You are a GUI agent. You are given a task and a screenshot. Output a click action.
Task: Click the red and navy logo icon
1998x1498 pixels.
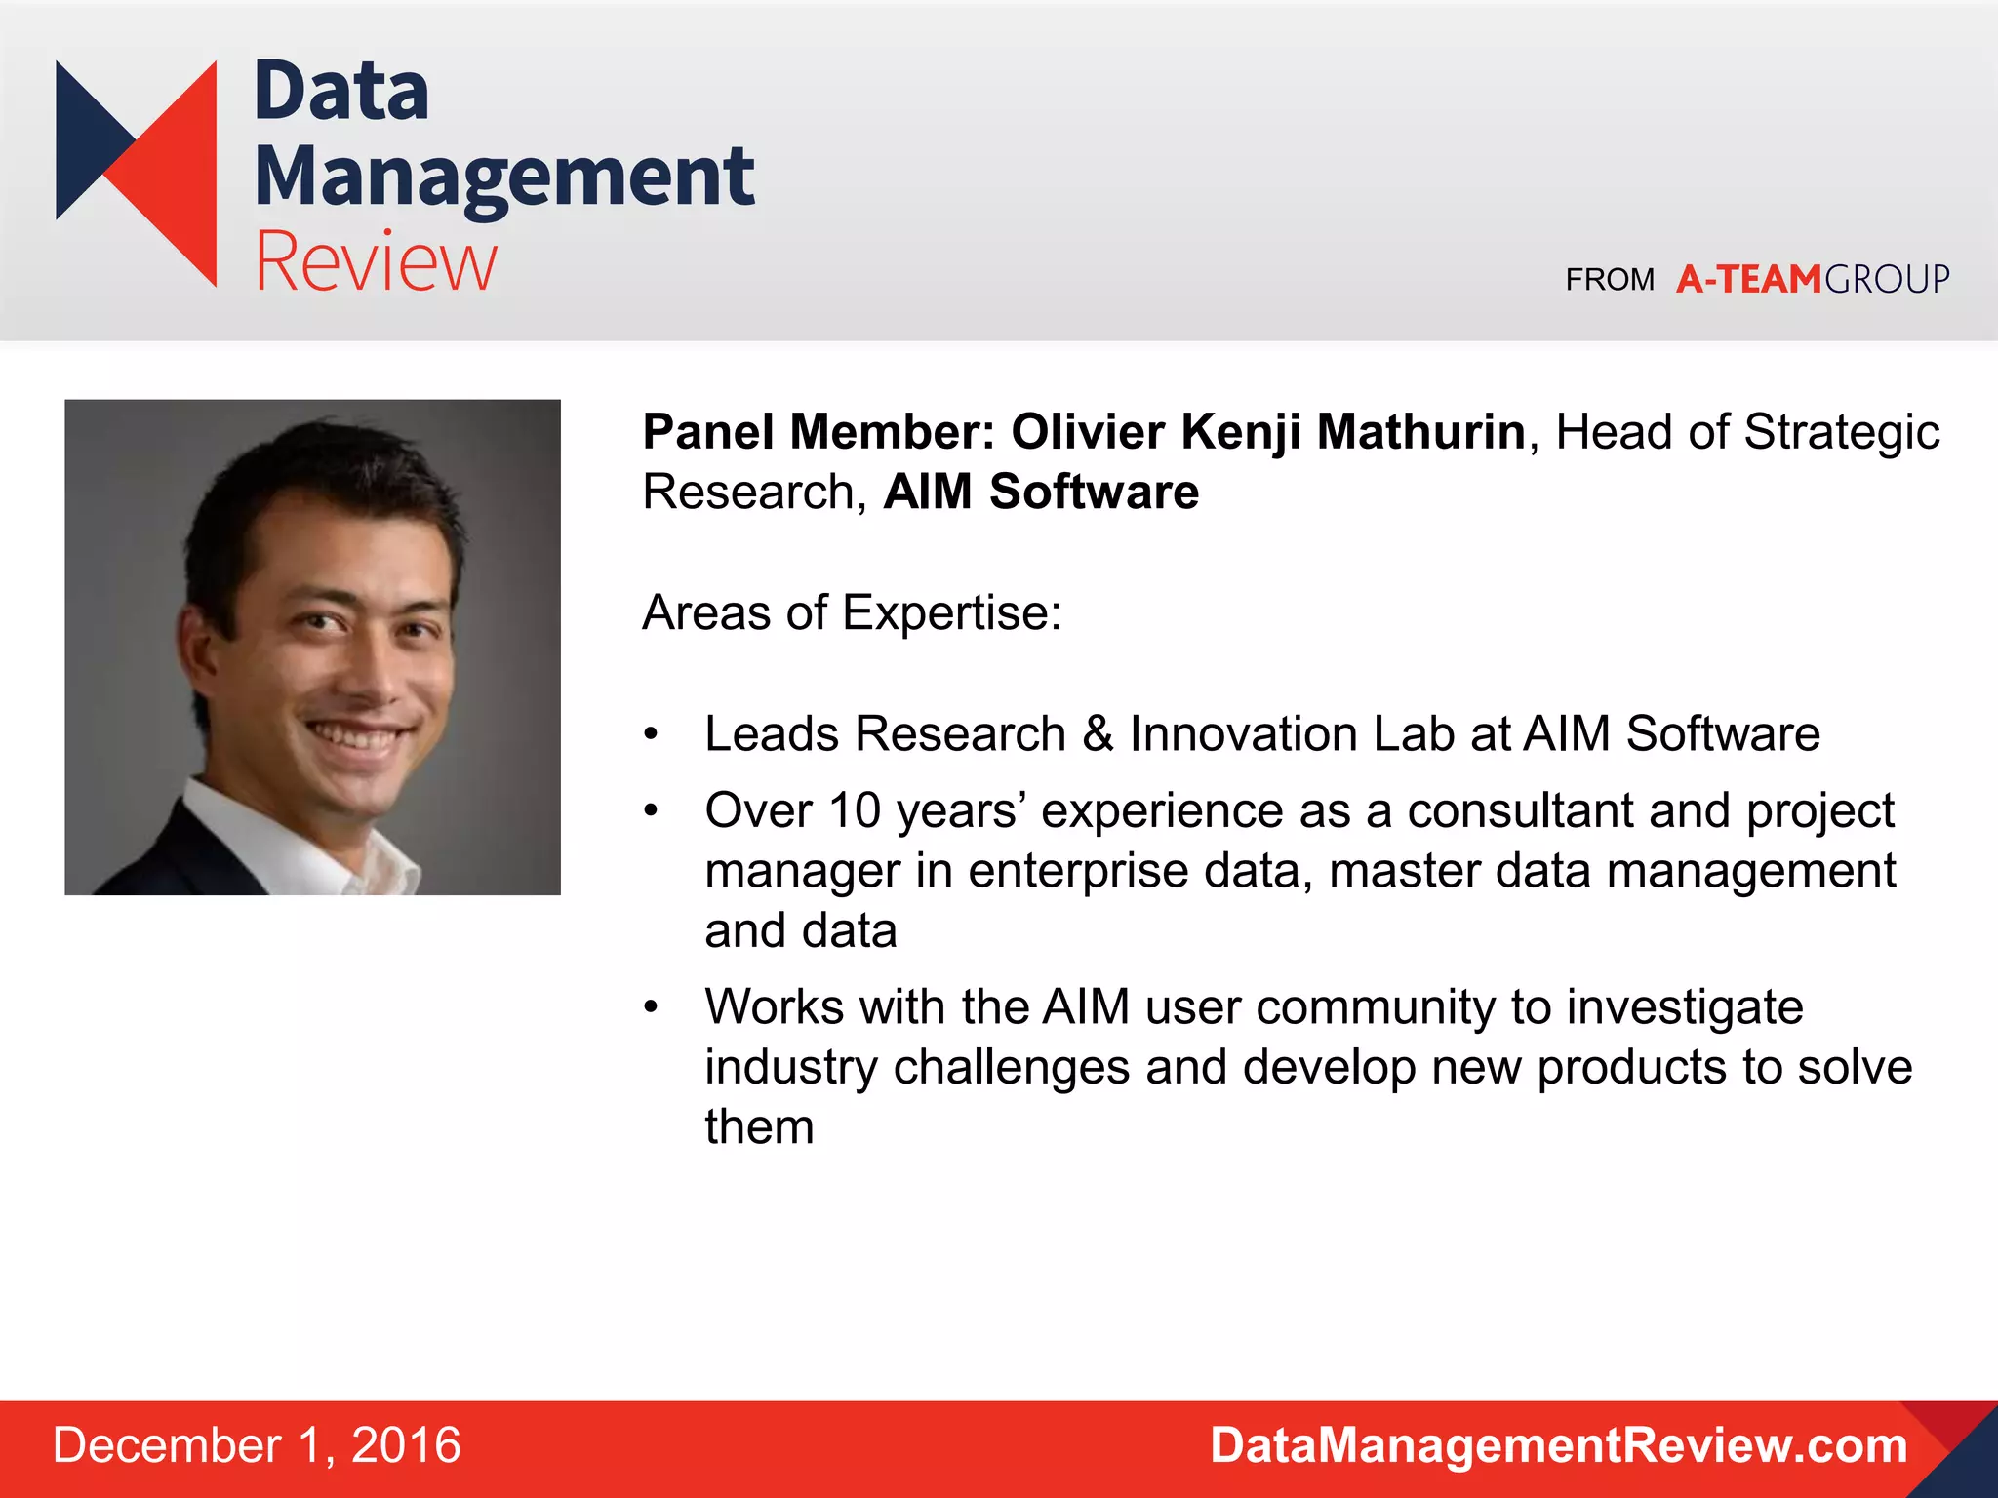(x=137, y=173)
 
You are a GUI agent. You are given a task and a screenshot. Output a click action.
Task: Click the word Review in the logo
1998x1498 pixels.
(x=376, y=261)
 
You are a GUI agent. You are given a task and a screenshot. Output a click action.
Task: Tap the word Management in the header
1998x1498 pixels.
(x=503, y=177)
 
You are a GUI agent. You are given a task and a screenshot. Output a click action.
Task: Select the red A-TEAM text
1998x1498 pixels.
(x=1748, y=280)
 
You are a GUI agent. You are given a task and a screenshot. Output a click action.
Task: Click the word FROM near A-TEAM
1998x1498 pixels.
(x=1610, y=280)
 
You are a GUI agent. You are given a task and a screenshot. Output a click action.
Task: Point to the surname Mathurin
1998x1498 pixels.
(x=1420, y=432)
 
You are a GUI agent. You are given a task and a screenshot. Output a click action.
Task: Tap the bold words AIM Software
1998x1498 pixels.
(x=1041, y=492)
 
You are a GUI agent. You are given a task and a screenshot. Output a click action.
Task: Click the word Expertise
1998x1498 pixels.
(x=951, y=613)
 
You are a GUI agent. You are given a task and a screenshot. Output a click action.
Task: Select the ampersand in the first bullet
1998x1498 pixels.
(x=1098, y=734)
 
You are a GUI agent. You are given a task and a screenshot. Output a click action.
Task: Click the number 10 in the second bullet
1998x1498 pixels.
(x=855, y=811)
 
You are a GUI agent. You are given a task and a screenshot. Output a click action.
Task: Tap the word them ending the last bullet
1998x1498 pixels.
(x=759, y=1127)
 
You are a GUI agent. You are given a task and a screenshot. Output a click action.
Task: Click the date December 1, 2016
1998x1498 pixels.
(x=257, y=1445)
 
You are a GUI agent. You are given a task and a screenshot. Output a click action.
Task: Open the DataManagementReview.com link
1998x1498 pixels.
(x=1558, y=1445)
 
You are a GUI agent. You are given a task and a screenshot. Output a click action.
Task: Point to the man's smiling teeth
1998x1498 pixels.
(x=353, y=737)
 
